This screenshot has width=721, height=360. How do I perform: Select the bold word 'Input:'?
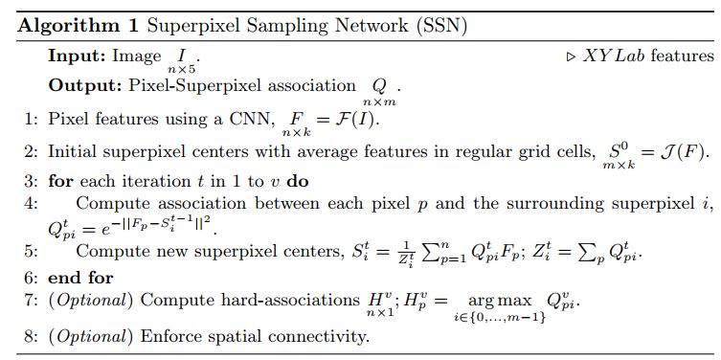[77, 56]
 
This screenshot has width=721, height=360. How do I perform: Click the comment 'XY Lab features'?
[648, 56]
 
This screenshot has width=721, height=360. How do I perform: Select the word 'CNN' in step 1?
[252, 120]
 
